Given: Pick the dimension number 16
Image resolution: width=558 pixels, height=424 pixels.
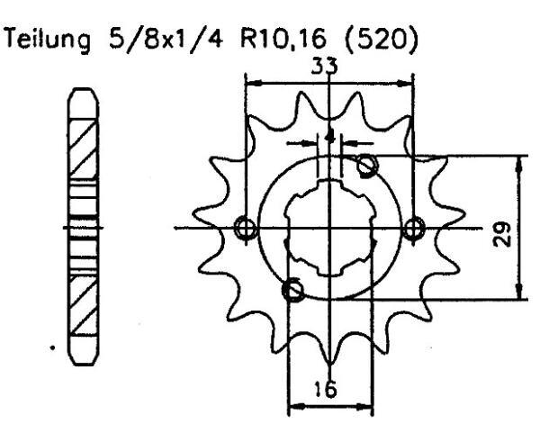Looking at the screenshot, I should tap(331, 390).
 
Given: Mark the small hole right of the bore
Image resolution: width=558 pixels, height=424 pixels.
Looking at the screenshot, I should tap(413, 228).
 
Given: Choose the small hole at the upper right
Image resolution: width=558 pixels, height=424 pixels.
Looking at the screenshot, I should tap(366, 165).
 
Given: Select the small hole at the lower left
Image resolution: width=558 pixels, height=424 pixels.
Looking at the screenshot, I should tap(292, 290).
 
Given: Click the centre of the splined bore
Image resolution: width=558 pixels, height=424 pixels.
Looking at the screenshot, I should tap(329, 228).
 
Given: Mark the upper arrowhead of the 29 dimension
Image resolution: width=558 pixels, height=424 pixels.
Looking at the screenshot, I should tap(519, 160).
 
